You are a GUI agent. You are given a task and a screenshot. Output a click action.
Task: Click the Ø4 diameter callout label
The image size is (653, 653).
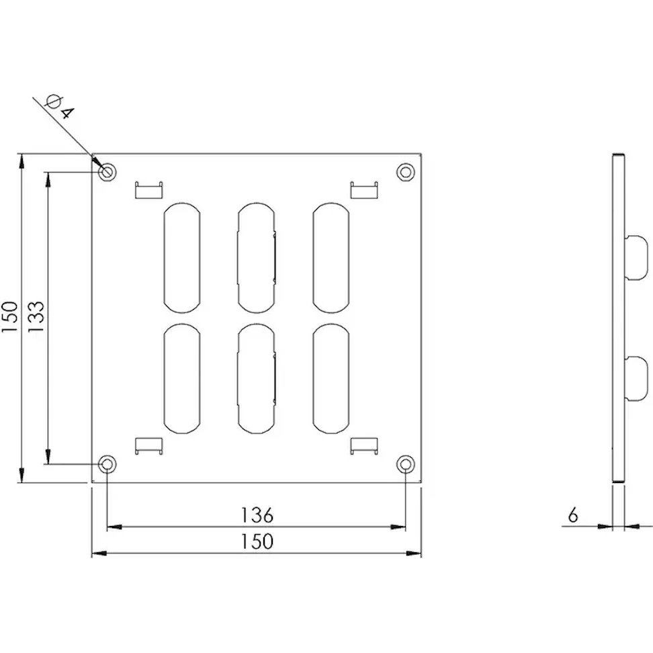60,107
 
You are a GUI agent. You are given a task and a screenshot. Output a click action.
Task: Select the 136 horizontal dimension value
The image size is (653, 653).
257,515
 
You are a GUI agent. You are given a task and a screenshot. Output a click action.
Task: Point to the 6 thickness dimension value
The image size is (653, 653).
573,515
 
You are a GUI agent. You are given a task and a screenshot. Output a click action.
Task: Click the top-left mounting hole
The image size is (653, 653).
107,171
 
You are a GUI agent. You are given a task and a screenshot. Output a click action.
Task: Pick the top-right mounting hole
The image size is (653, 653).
406,171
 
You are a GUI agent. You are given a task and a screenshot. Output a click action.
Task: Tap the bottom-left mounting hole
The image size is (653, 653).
107,464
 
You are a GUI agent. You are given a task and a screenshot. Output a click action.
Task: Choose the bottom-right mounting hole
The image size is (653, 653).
406,464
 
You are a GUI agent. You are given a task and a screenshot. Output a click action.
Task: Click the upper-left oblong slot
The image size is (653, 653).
182,257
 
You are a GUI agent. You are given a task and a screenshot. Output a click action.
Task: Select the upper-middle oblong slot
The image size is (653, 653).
257,257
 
